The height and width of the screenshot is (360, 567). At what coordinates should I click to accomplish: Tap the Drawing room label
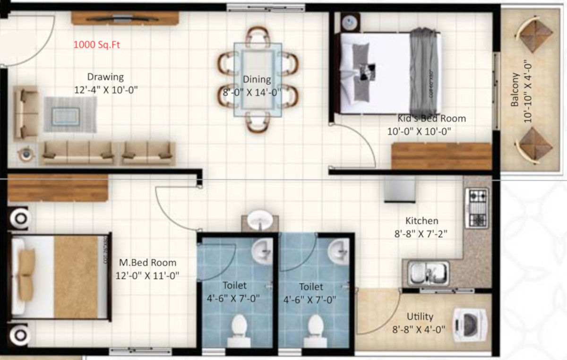point(105,77)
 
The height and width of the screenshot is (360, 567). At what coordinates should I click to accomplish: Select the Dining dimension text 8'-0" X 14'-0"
point(252,92)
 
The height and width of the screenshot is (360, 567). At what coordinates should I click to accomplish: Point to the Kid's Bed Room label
point(431,119)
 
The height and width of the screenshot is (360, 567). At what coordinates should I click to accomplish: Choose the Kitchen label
point(421,221)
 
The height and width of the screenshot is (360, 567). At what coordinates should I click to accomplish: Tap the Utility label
point(420,317)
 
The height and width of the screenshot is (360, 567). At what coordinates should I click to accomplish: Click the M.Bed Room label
point(147,263)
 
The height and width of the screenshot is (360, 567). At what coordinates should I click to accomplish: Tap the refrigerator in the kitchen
point(399,189)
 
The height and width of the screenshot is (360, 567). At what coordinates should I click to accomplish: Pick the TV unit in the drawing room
point(125,18)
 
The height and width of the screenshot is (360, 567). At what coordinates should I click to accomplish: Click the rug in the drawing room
point(70,114)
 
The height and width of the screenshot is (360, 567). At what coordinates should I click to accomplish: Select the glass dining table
point(258,79)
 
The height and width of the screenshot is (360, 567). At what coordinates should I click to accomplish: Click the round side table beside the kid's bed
point(351,22)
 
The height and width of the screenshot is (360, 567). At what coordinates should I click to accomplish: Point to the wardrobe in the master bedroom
point(58,188)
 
